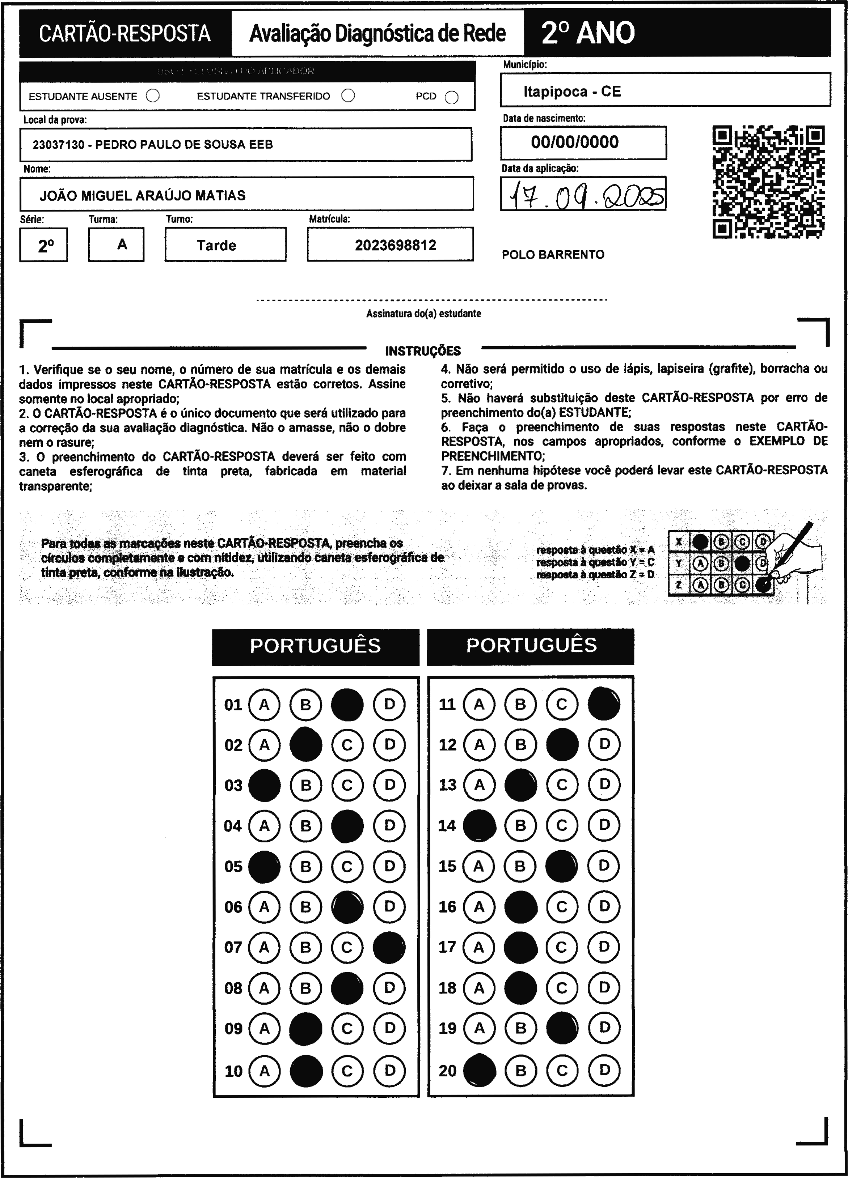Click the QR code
pyautogui.click(x=768, y=182)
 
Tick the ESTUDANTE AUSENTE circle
pyautogui.click(x=153, y=96)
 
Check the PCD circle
pyautogui.click(x=452, y=97)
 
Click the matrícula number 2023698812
pyautogui.click(x=396, y=245)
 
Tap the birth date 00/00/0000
pyautogui.click(x=575, y=142)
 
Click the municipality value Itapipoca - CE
pyautogui.click(x=572, y=92)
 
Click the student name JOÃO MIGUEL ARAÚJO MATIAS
pyautogui.click(x=142, y=196)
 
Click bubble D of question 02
pyautogui.click(x=389, y=745)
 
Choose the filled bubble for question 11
pyautogui.click(x=604, y=704)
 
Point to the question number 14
pyautogui.click(x=447, y=826)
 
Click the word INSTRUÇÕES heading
pyautogui.click(x=423, y=351)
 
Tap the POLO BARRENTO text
pyautogui.click(x=553, y=255)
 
